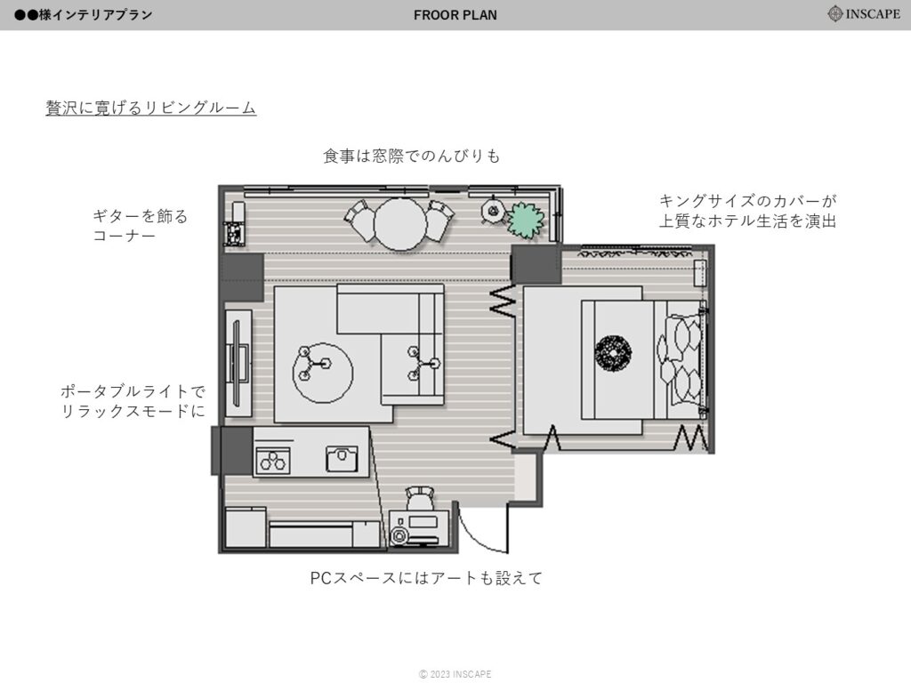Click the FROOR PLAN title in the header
(455, 15)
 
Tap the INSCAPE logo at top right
(864, 13)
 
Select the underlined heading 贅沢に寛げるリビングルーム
(151, 108)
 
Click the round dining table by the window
(400, 224)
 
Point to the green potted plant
(526, 221)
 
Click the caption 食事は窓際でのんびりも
(411, 157)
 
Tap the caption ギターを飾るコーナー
(141, 226)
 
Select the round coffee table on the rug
(322, 373)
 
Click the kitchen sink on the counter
(343, 459)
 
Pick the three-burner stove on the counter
(273, 460)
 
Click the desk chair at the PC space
(420, 499)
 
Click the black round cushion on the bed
(613, 352)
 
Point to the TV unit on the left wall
(238, 363)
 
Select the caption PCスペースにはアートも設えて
(426, 578)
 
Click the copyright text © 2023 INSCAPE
(455, 674)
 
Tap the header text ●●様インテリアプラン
(83, 15)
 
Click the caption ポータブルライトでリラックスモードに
(133, 401)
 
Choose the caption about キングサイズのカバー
(747, 212)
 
